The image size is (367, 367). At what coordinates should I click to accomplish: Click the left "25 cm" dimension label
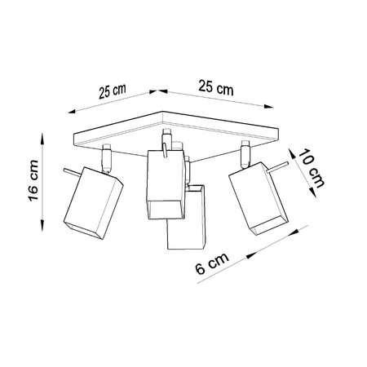(113, 91)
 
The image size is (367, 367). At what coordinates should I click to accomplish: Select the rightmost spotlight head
(257, 199)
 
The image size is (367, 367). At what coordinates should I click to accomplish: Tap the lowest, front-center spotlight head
(185, 219)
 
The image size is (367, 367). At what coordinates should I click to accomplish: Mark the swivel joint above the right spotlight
(243, 154)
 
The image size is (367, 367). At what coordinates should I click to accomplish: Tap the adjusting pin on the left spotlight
(69, 171)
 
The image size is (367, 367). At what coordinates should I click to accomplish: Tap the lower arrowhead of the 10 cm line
(314, 195)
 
